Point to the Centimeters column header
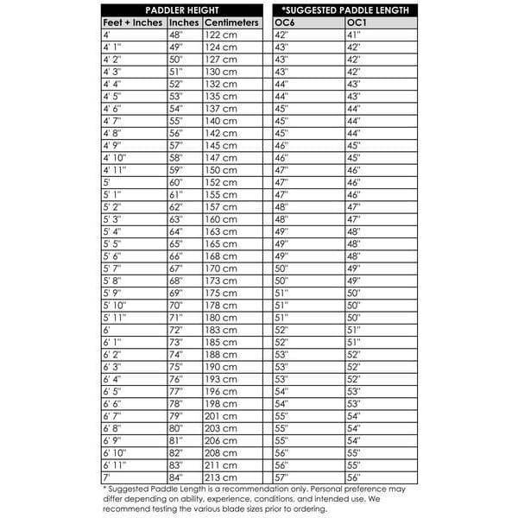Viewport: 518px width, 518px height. click(x=232, y=22)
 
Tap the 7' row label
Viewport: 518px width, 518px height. click(x=107, y=477)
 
